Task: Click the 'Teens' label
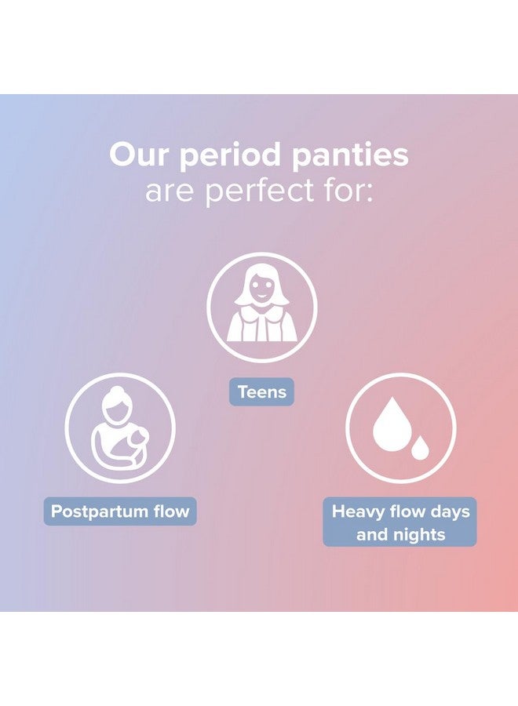[x=261, y=391]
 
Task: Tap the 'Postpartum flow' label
[x=120, y=511]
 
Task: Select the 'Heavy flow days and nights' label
[x=400, y=522]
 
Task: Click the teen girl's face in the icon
[x=261, y=289]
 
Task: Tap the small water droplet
[x=421, y=448]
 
